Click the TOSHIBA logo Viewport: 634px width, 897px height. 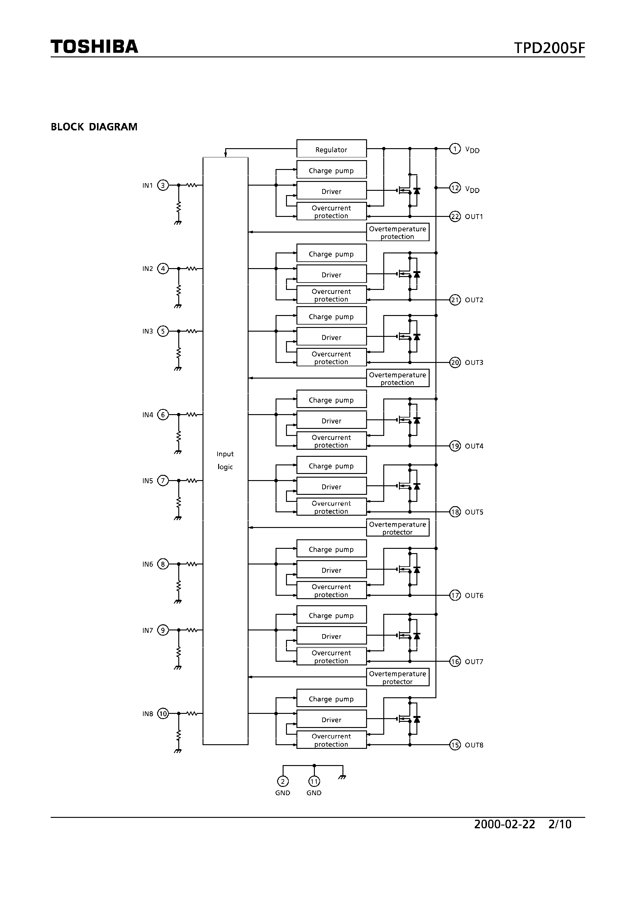[94, 47]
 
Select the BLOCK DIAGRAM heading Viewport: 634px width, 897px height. [94, 127]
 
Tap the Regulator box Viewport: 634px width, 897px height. [331, 149]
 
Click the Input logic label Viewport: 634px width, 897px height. [225, 460]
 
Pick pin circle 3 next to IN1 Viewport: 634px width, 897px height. [163, 185]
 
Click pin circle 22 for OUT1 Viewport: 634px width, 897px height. [455, 217]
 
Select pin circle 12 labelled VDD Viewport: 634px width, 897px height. [455, 188]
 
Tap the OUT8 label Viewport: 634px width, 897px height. [474, 745]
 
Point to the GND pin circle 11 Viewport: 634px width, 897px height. [314, 781]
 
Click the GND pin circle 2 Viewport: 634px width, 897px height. [283, 781]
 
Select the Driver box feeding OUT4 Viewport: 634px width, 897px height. [331, 420]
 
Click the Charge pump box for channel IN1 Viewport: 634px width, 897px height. [331, 170]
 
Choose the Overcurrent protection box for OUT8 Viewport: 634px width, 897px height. [331, 740]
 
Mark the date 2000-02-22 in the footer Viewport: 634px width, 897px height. [504, 824]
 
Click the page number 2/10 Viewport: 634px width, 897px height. [560, 824]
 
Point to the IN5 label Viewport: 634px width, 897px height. [148, 481]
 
